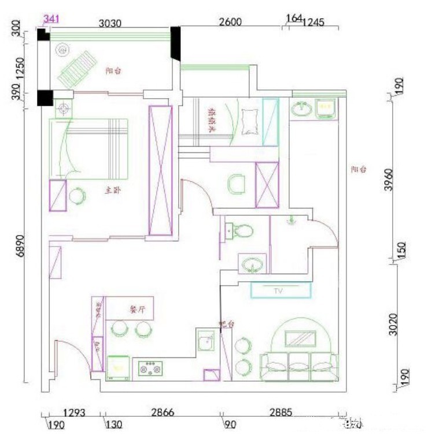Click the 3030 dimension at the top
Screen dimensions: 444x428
(x=111, y=23)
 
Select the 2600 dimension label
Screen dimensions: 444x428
(x=230, y=23)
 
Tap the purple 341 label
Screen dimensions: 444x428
(x=50, y=18)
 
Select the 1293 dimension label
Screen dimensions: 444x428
(x=74, y=413)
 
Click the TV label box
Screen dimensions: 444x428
(x=281, y=290)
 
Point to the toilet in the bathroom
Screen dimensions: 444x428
(x=239, y=231)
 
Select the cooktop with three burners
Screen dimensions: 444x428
(x=151, y=367)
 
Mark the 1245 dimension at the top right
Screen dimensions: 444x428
(x=313, y=23)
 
